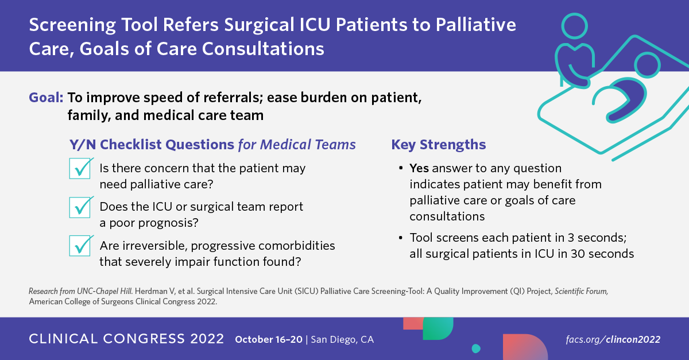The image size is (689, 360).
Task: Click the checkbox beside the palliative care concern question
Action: coord(80,168)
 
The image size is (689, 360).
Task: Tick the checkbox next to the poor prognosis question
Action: coord(80,207)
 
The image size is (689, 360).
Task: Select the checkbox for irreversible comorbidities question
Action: coord(80,246)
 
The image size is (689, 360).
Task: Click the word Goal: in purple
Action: coord(46,98)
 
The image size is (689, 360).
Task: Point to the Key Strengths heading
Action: coord(438,145)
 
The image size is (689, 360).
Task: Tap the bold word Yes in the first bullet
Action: coord(419,168)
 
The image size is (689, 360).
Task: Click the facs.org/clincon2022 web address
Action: coord(613,339)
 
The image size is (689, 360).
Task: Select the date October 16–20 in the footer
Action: coord(269,339)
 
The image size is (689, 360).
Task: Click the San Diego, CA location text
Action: coord(342,340)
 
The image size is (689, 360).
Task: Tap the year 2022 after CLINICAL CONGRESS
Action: coord(207,339)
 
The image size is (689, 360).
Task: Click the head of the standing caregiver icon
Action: coord(575,26)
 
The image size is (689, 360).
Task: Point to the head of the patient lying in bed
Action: coord(648,65)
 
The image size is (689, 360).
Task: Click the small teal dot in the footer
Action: coord(476,349)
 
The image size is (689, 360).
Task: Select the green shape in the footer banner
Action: coord(438,328)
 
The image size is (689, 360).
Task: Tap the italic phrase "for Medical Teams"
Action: coord(297,145)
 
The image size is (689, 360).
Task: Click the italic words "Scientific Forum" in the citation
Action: coord(581,291)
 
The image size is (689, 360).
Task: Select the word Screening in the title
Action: coord(72,25)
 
